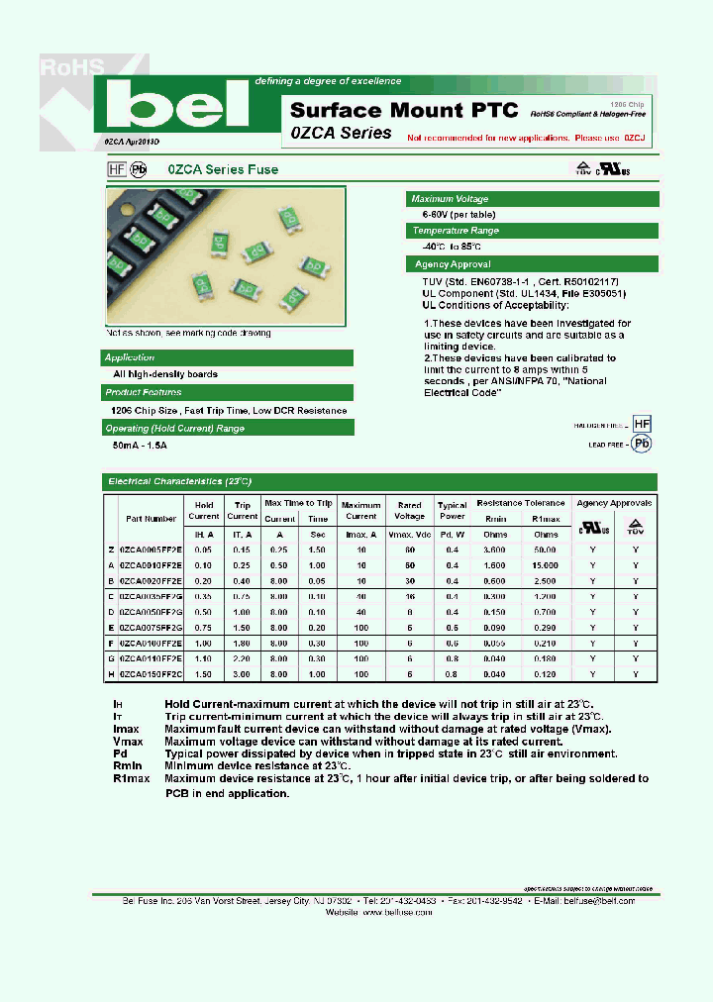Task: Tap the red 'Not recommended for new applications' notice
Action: [526, 139]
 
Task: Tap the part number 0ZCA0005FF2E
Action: [151, 550]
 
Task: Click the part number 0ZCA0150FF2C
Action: [151, 673]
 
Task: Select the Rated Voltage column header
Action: [409, 510]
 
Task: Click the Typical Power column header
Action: [452, 510]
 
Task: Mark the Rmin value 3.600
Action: [496, 550]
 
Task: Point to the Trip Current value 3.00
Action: [242, 673]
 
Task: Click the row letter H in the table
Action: [111, 673]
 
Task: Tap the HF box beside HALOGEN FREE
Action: [642, 424]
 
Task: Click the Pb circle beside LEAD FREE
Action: [642, 445]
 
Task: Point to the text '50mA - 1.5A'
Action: [140, 446]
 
